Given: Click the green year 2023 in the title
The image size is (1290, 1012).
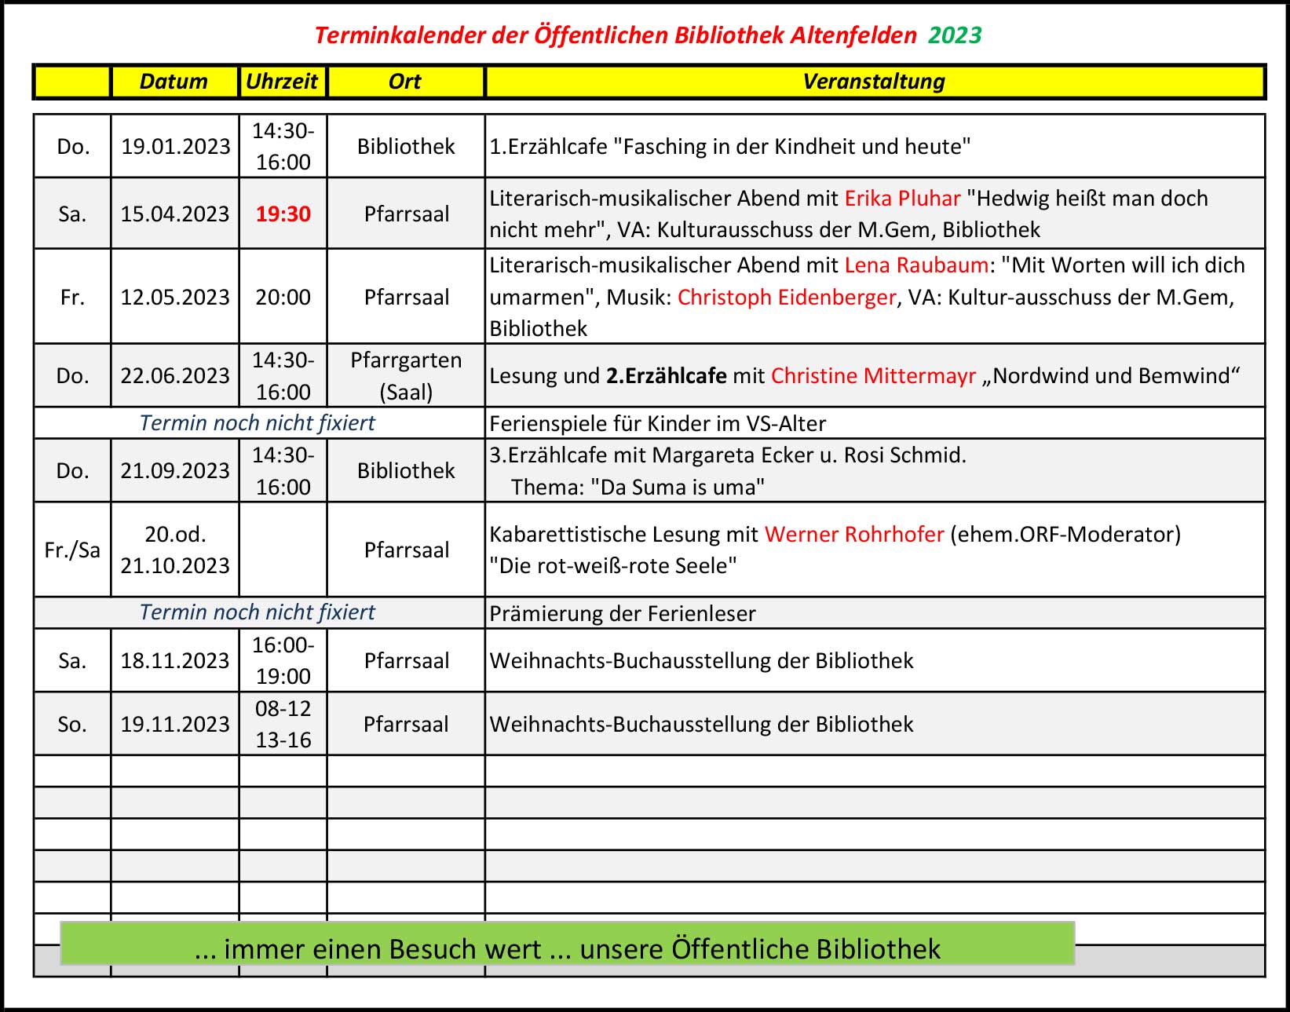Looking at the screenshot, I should pos(955,35).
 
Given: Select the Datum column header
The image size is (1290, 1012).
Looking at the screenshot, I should pos(174,82).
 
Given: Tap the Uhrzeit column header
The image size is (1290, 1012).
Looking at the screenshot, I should pos(282,82).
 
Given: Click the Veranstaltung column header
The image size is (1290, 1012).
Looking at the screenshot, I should pos(874,82).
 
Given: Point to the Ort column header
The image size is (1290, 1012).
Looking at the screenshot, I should pos(405,82).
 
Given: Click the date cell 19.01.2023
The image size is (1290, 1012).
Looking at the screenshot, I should pos(175,147).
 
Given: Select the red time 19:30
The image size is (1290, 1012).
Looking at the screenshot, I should pos(283,214).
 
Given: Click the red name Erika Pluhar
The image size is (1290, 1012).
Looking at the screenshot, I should pos(902,199).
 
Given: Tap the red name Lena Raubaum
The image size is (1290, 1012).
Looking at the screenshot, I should pos(915,265).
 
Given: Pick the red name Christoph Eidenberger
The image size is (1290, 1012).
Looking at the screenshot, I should pos(786,298).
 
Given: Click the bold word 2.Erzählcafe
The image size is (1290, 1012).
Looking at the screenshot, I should pos(666,376).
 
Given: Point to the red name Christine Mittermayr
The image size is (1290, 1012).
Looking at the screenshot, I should pos(873,376).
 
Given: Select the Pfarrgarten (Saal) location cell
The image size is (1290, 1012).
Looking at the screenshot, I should pos(406,376).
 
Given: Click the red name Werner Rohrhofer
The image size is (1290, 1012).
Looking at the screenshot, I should pos(854,535).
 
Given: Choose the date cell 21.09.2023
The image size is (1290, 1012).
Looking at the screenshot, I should pos(175,471).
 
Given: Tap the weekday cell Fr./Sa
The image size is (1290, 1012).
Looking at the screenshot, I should pos(72,550).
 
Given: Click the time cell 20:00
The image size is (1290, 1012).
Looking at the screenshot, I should pos(283,298).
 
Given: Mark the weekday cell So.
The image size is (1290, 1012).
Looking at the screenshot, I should pos(72,724).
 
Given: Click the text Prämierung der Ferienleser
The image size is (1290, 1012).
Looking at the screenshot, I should pos(622,613).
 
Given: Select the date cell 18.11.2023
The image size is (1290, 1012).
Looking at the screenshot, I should pos(175,661).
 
